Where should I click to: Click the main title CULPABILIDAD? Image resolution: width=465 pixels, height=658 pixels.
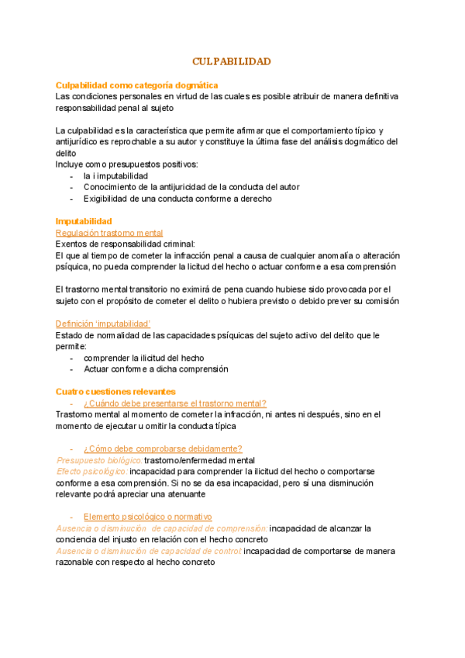point(232,61)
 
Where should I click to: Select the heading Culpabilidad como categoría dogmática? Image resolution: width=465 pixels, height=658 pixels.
point(136,85)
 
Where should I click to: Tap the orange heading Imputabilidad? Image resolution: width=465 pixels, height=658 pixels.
point(84,221)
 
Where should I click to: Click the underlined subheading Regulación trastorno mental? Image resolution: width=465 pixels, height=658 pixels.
point(109,233)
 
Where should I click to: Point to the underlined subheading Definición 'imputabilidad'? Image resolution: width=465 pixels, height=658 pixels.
point(103,324)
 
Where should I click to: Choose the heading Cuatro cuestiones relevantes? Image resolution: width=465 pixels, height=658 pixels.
point(115,391)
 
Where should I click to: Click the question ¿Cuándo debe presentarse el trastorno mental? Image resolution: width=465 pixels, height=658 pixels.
point(174,403)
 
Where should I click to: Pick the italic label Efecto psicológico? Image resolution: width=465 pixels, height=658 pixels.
point(91,471)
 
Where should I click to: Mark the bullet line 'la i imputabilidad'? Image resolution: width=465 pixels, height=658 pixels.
point(115,176)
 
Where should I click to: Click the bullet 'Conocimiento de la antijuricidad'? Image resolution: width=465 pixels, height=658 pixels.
point(191,187)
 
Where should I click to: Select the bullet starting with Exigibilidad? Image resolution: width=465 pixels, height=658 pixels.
point(177,199)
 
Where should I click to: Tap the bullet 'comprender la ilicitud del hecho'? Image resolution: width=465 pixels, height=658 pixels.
point(143,358)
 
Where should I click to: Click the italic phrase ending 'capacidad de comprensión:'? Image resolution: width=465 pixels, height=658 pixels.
point(162,528)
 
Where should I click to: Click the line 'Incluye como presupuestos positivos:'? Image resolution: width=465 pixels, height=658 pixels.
point(126,164)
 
